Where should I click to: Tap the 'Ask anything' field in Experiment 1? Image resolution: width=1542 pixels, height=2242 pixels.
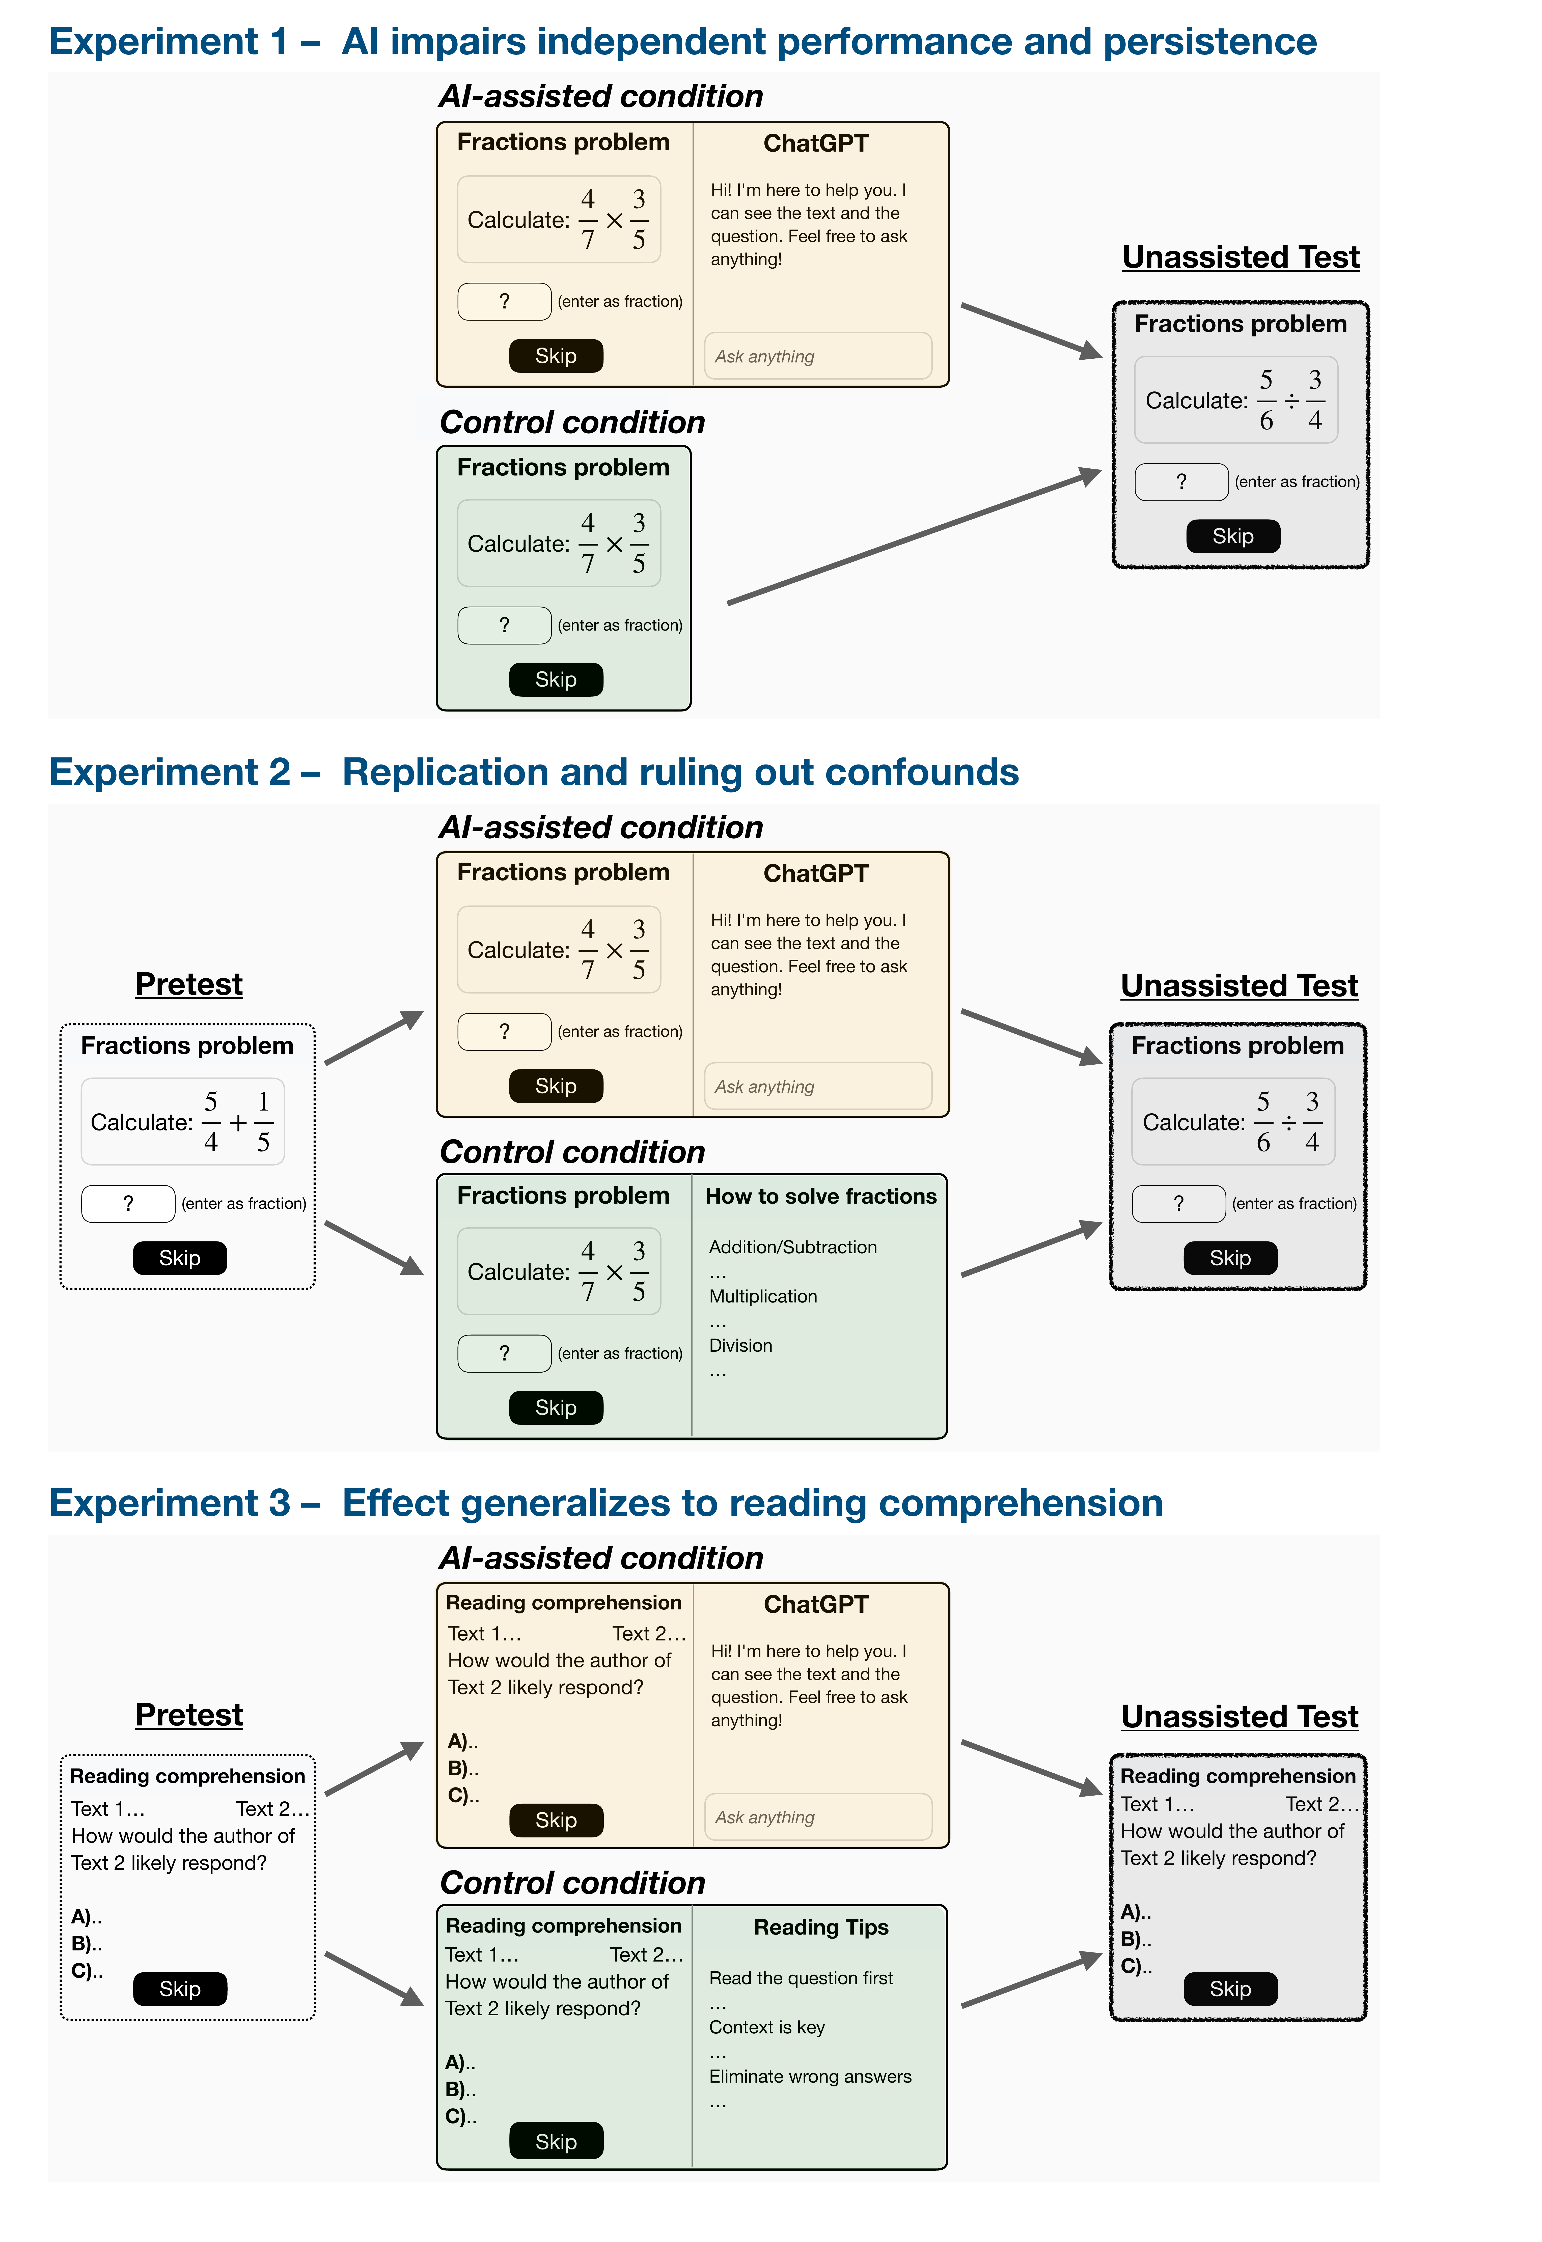[x=817, y=356]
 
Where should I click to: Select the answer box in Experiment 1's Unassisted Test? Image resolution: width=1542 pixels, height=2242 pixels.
[x=1181, y=482]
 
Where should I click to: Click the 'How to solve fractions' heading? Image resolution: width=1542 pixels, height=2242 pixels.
[x=820, y=1197]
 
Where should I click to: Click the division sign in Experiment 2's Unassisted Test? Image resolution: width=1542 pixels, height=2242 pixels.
[x=1288, y=1123]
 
